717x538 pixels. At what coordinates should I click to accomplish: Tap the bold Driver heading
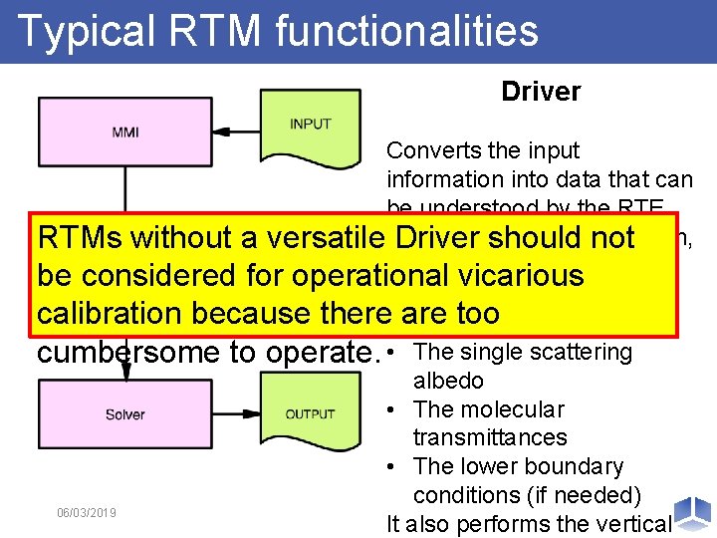(x=541, y=92)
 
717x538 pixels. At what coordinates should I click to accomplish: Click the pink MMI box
(x=125, y=132)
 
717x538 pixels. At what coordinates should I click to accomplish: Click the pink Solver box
(x=125, y=413)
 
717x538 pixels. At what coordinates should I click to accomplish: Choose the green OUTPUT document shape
(x=310, y=413)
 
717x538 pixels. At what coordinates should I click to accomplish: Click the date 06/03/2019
(x=87, y=512)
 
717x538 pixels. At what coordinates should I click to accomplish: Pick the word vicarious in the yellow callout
(x=514, y=275)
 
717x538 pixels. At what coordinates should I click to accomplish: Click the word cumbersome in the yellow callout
(x=129, y=352)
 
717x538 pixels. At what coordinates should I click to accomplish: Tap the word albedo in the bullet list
(x=448, y=381)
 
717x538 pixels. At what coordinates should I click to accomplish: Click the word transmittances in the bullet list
(x=490, y=437)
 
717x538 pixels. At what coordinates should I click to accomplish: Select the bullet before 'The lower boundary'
(x=395, y=466)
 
